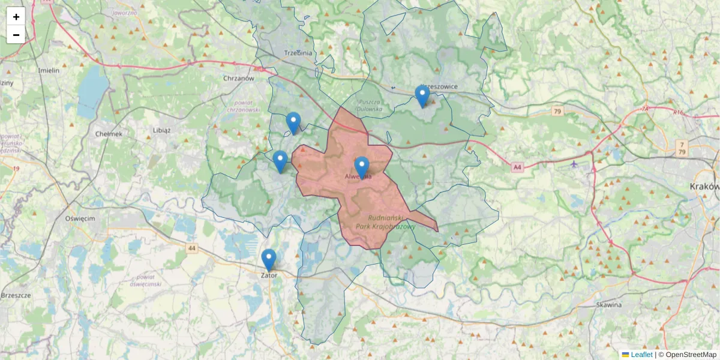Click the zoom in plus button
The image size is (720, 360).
[16, 17]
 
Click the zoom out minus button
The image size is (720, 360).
[16, 35]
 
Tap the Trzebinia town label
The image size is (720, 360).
[298, 53]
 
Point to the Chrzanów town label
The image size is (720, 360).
[239, 78]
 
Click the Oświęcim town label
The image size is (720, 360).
[80, 218]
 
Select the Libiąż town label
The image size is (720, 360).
[161, 130]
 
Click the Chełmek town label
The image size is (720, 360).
[109, 134]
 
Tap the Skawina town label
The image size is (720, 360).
[608, 305]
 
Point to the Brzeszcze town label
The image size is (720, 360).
[16, 296]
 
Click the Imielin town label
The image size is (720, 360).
[49, 70]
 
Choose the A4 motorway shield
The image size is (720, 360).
[517, 168]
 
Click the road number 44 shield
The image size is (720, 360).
[191, 248]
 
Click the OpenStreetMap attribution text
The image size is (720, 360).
[691, 355]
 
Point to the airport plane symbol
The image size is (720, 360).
[574, 164]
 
